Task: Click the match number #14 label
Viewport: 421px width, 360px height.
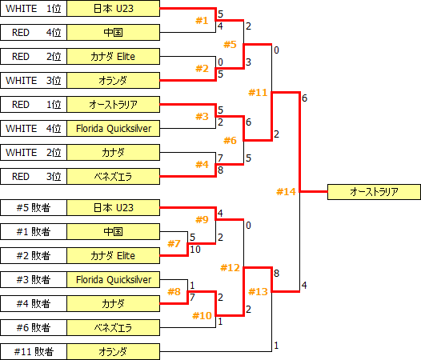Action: pyautogui.click(x=286, y=191)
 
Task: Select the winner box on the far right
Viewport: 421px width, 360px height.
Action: pyautogui.click(x=374, y=192)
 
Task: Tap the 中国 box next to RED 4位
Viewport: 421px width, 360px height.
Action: pyautogui.click(x=113, y=33)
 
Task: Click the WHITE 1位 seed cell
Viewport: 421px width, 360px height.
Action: pyautogui.click(x=33, y=9)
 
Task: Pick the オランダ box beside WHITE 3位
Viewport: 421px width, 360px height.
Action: pyautogui.click(x=113, y=81)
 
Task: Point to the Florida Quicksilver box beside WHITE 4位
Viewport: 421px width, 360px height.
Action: pyautogui.click(x=113, y=129)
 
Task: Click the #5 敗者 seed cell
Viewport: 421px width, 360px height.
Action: pyautogui.click(x=33, y=208)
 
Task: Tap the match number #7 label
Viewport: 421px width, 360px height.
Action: pyautogui.click(x=175, y=243)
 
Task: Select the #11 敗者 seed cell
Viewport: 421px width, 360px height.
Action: pyautogui.click(x=33, y=352)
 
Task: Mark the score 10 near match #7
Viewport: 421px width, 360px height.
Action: pyautogui.click(x=195, y=250)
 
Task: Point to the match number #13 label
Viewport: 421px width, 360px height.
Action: pyautogui.click(x=257, y=291)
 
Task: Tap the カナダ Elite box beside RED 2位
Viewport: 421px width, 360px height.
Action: pyautogui.click(x=113, y=57)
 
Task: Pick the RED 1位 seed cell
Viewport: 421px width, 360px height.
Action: pyautogui.click(x=33, y=105)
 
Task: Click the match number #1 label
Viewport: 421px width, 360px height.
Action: pyautogui.click(x=202, y=20)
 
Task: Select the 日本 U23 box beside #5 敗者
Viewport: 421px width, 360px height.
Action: pyautogui.click(x=113, y=208)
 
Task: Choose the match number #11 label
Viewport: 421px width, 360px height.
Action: pyautogui.click(x=258, y=93)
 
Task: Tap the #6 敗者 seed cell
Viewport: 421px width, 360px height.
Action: pyautogui.click(x=33, y=328)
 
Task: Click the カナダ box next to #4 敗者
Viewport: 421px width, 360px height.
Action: pyautogui.click(x=113, y=304)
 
